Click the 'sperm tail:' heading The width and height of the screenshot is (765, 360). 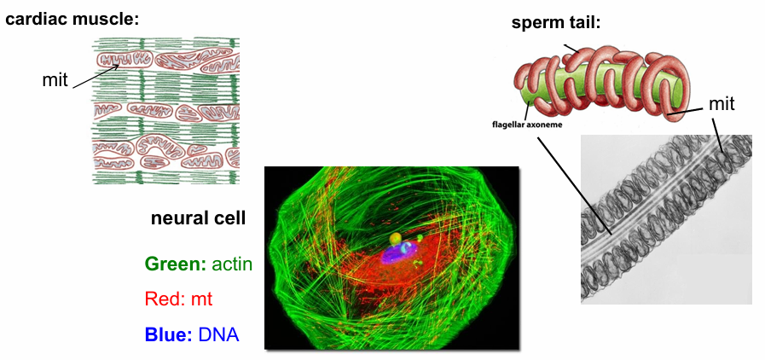556,22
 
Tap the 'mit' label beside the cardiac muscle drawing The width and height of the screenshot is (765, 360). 55,79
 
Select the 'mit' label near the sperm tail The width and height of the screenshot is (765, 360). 722,104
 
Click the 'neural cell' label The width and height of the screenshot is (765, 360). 198,218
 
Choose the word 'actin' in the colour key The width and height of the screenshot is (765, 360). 232,264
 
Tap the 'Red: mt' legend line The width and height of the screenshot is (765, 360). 178,299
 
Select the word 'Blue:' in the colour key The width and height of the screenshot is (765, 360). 168,334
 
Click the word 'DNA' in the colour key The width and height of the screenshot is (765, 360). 218,334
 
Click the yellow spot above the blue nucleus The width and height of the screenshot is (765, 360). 395,239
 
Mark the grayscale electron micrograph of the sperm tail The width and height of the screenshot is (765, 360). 665,218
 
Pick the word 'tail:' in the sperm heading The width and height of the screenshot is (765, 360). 585,22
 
